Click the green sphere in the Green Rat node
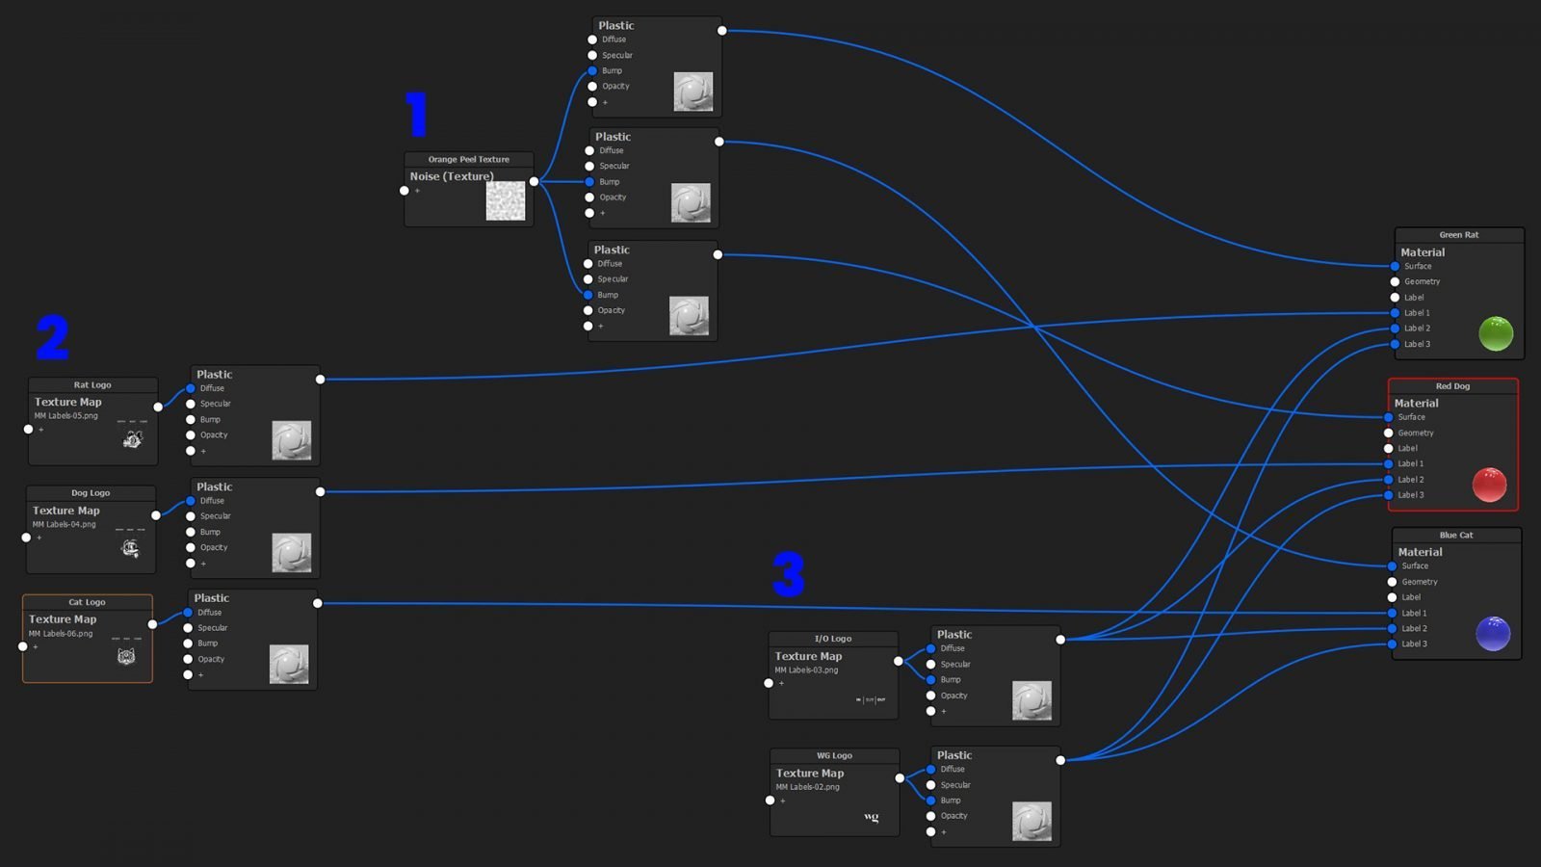click(x=1496, y=333)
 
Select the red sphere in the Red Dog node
click(x=1489, y=485)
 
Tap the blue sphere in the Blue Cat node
click(x=1493, y=633)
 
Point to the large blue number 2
click(x=53, y=337)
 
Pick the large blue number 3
click(x=789, y=574)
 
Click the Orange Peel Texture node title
click(x=468, y=159)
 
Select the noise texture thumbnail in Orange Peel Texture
click(x=505, y=201)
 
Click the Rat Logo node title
click(x=92, y=384)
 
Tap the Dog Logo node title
click(x=91, y=492)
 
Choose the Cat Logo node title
click(x=87, y=602)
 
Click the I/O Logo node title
click(x=833, y=639)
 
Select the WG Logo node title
click(x=834, y=755)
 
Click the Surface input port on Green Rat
click(x=1395, y=266)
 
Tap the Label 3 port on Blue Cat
click(x=1392, y=644)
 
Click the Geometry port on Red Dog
click(x=1389, y=433)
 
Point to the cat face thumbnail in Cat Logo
click(x=126, y=656)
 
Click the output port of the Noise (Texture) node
click(x=534, y=181)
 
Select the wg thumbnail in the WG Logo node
click(x=872, y=817)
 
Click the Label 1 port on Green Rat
click(x=1395, y=313)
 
